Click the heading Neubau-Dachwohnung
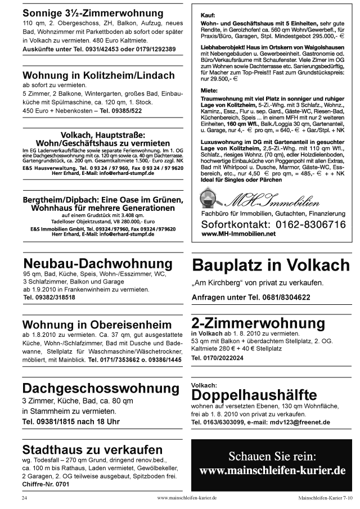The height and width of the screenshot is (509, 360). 97,264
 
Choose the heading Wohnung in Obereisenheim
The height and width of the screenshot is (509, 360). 97,325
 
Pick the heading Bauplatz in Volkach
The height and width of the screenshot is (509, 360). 271,265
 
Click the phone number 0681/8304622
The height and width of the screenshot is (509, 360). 280,296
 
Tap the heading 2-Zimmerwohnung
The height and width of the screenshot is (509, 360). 258,323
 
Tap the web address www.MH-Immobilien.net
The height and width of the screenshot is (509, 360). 238,233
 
